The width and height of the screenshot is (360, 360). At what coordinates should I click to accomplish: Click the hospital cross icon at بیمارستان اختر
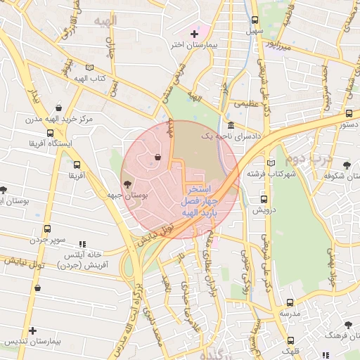coord(194,33)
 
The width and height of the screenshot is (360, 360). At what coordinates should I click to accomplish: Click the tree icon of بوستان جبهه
coord(127,185)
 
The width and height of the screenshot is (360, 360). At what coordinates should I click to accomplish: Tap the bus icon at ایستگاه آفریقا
coord(49,132)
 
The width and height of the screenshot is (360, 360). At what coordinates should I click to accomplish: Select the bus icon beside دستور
coord(349,113)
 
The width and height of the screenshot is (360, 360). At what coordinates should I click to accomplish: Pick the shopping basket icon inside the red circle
coord(158,157)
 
